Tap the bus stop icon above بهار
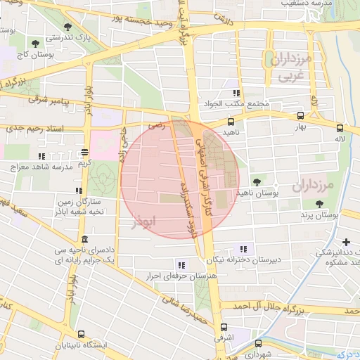pyautogui.click(x=301, y=116)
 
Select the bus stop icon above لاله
pyautogui.click(x=340, y=128)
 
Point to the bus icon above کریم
pyautogui.click(x=85, y=151)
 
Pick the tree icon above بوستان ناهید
pyautogui.click(x=255, y=181)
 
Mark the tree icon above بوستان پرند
pyautogui.click(x=319, y=203)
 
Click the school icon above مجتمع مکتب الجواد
pyautogui.click(x=237, y=93)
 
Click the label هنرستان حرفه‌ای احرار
pyautogui.click(x=174, y=276)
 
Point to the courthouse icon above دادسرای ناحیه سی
pyautogui.click(x=84, y=239)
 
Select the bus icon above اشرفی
pyautogui.click(x=224, y=327)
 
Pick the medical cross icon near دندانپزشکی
pyautogui.click(x=345, y=243)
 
